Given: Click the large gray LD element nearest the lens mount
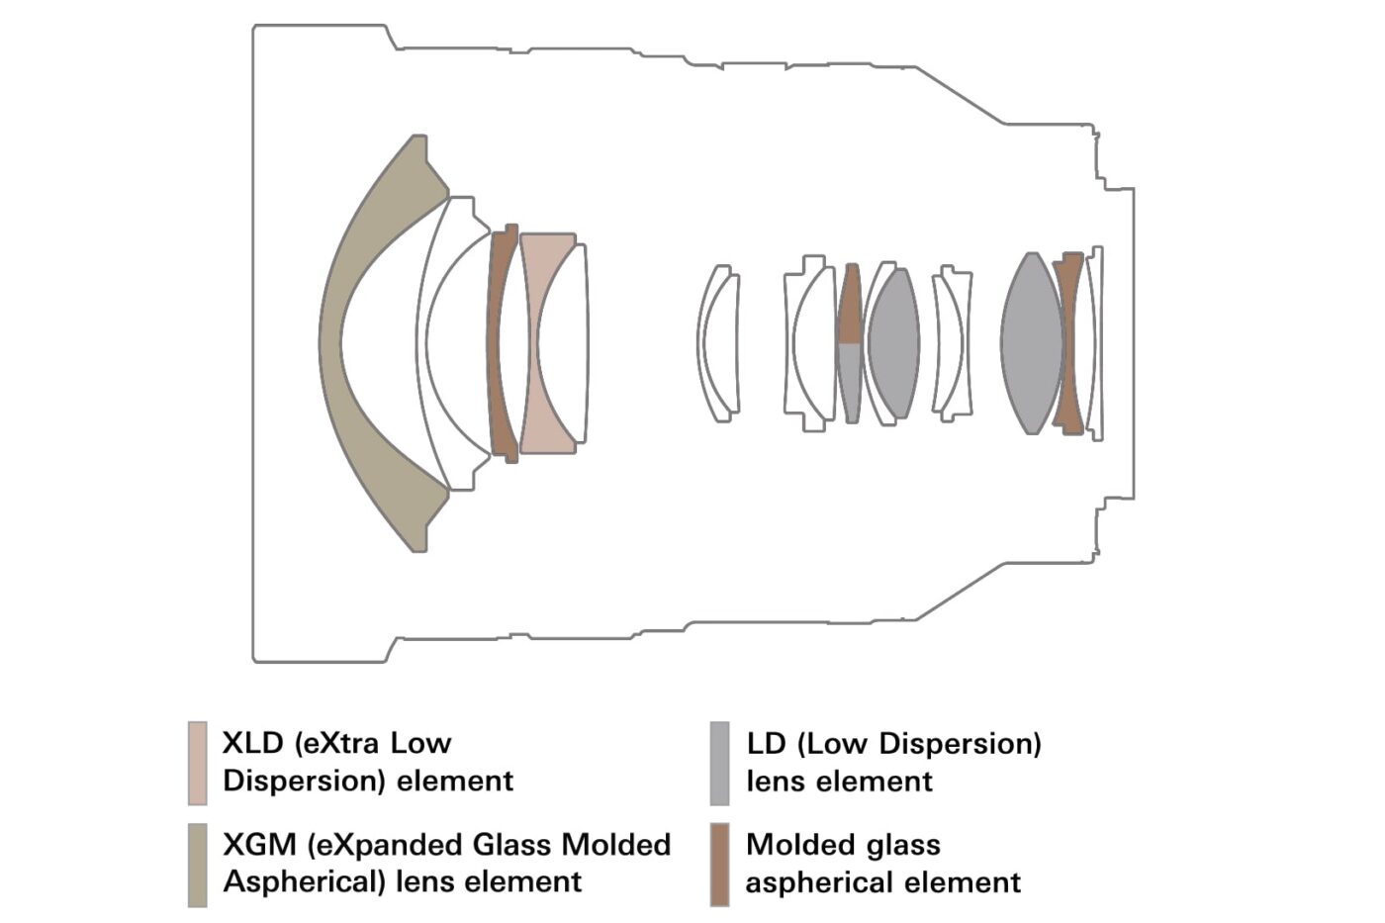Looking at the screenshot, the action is click(1032, 343).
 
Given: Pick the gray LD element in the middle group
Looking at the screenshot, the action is click(894, 343).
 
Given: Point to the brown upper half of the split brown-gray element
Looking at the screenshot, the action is click(850, 303).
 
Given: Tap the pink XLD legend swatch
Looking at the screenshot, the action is click(197, 763).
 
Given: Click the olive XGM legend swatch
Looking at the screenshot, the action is click(197, 865).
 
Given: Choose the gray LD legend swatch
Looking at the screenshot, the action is click(720, 763).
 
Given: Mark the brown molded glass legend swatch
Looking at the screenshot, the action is click(720, 865).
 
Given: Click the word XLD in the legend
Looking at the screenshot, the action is click(253, 743).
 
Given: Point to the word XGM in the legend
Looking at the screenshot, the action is click(259, 845).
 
